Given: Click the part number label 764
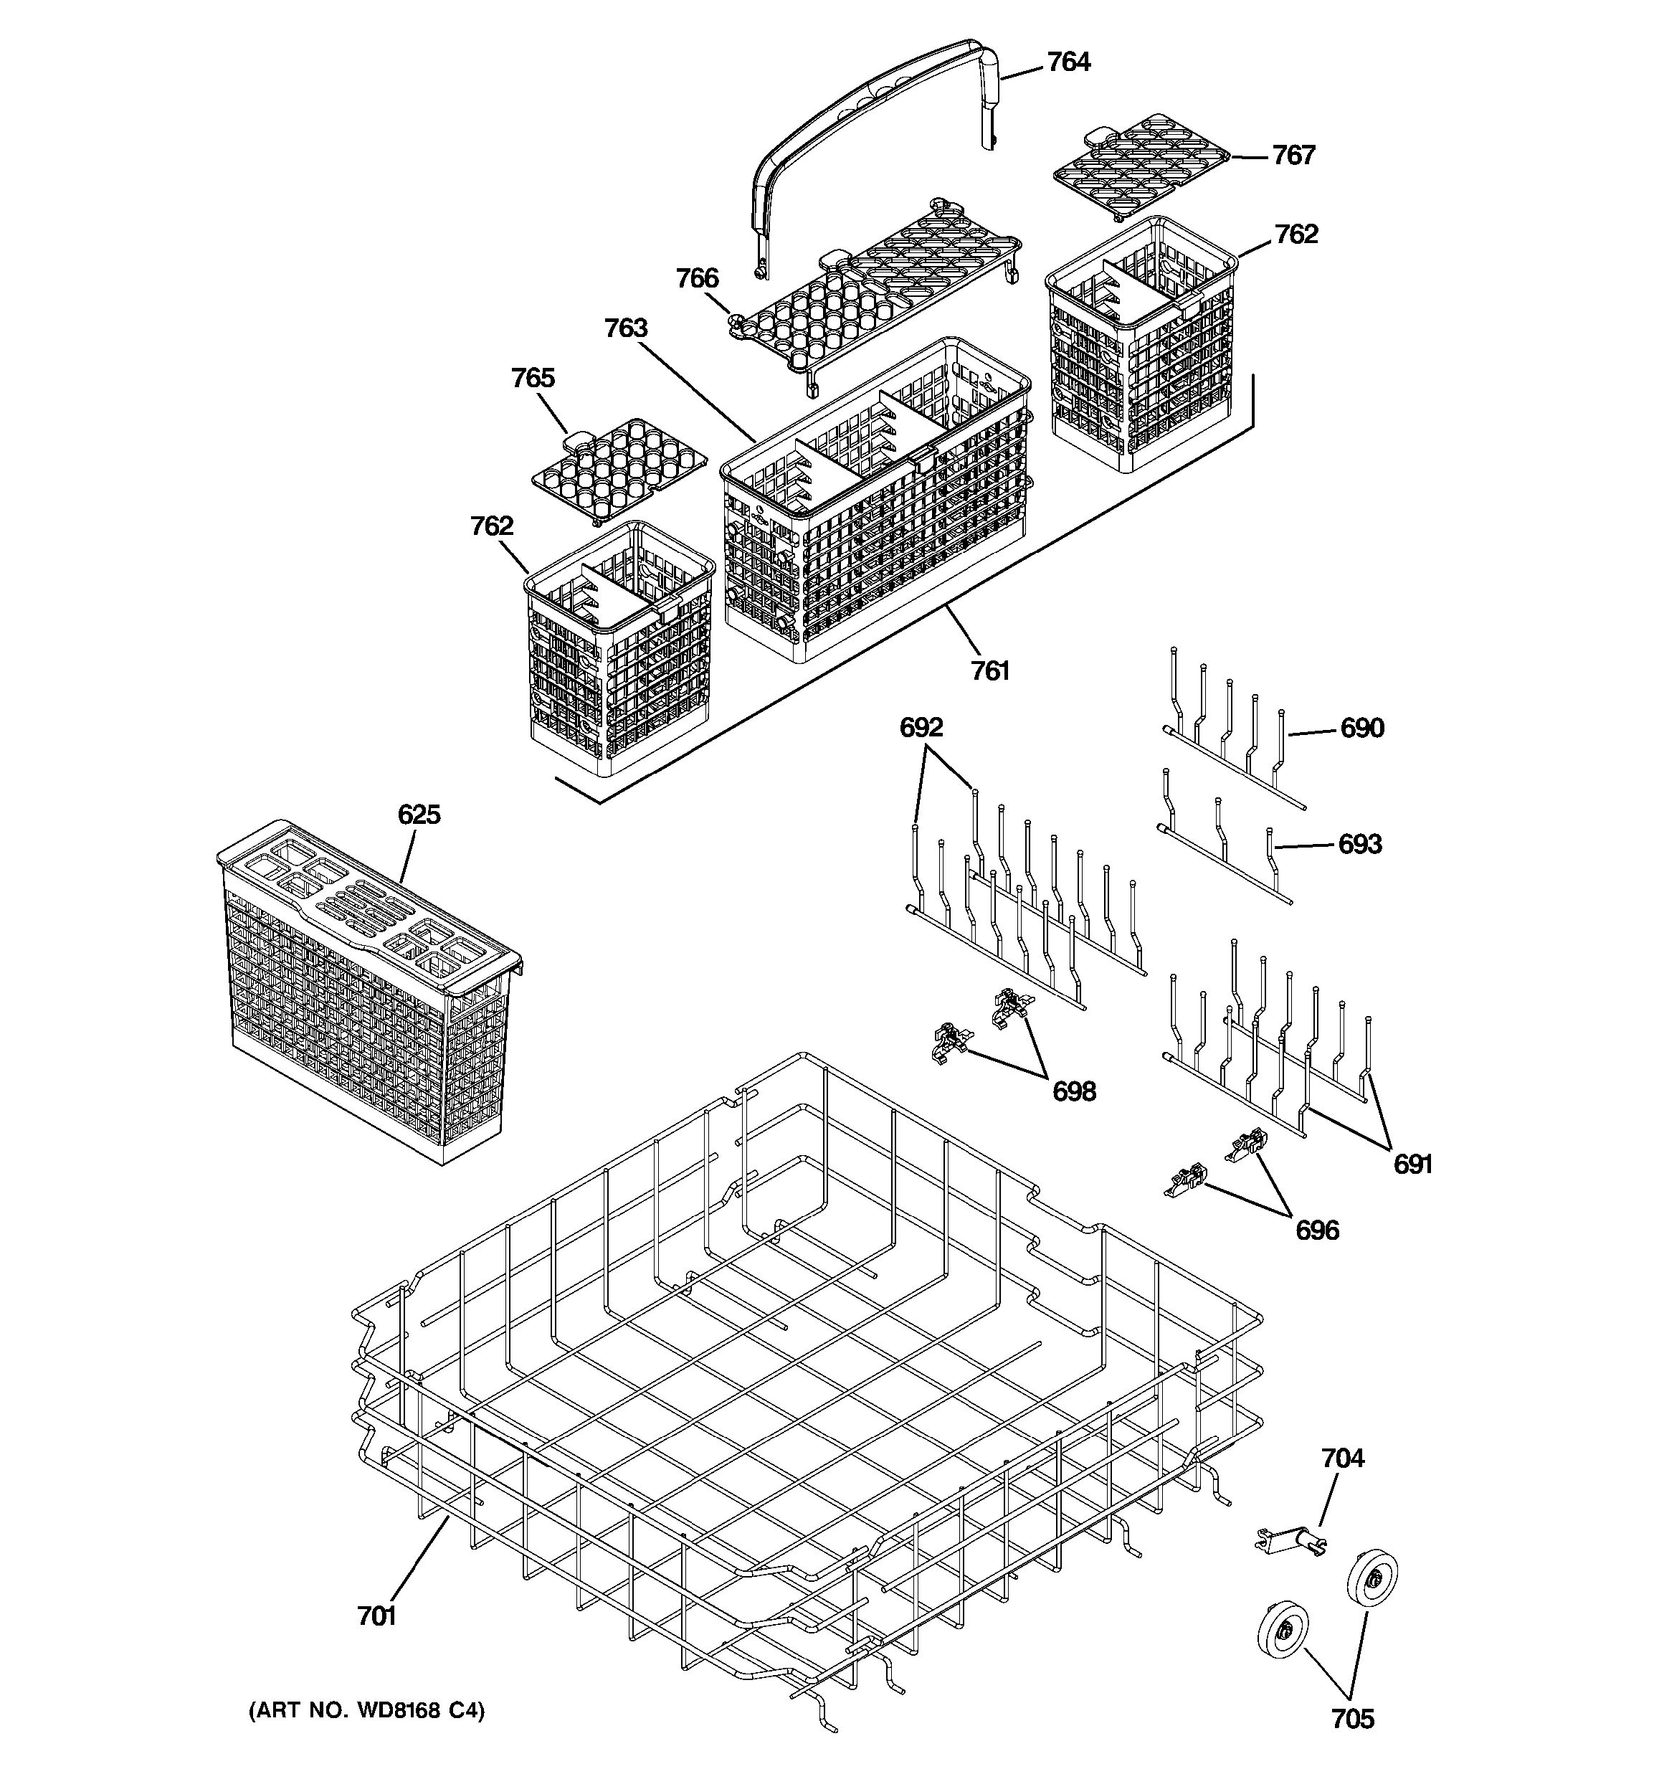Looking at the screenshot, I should click(1068, 62).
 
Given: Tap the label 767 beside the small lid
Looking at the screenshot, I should click(1293, 156).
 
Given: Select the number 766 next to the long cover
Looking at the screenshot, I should click(697, 278).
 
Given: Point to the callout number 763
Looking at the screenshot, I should click(625, 328).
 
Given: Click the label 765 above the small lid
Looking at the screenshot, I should click(533, 378).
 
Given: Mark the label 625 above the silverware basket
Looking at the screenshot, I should click(418, 814).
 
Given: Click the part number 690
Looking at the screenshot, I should click(1362, 729).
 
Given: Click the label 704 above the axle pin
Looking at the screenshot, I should click(1342, 1459).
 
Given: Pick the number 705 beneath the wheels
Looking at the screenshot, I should click(1352, 1720).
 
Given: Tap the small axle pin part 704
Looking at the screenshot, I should click(1290, 1540).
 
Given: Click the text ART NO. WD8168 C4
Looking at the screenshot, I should click(366, 1710).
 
